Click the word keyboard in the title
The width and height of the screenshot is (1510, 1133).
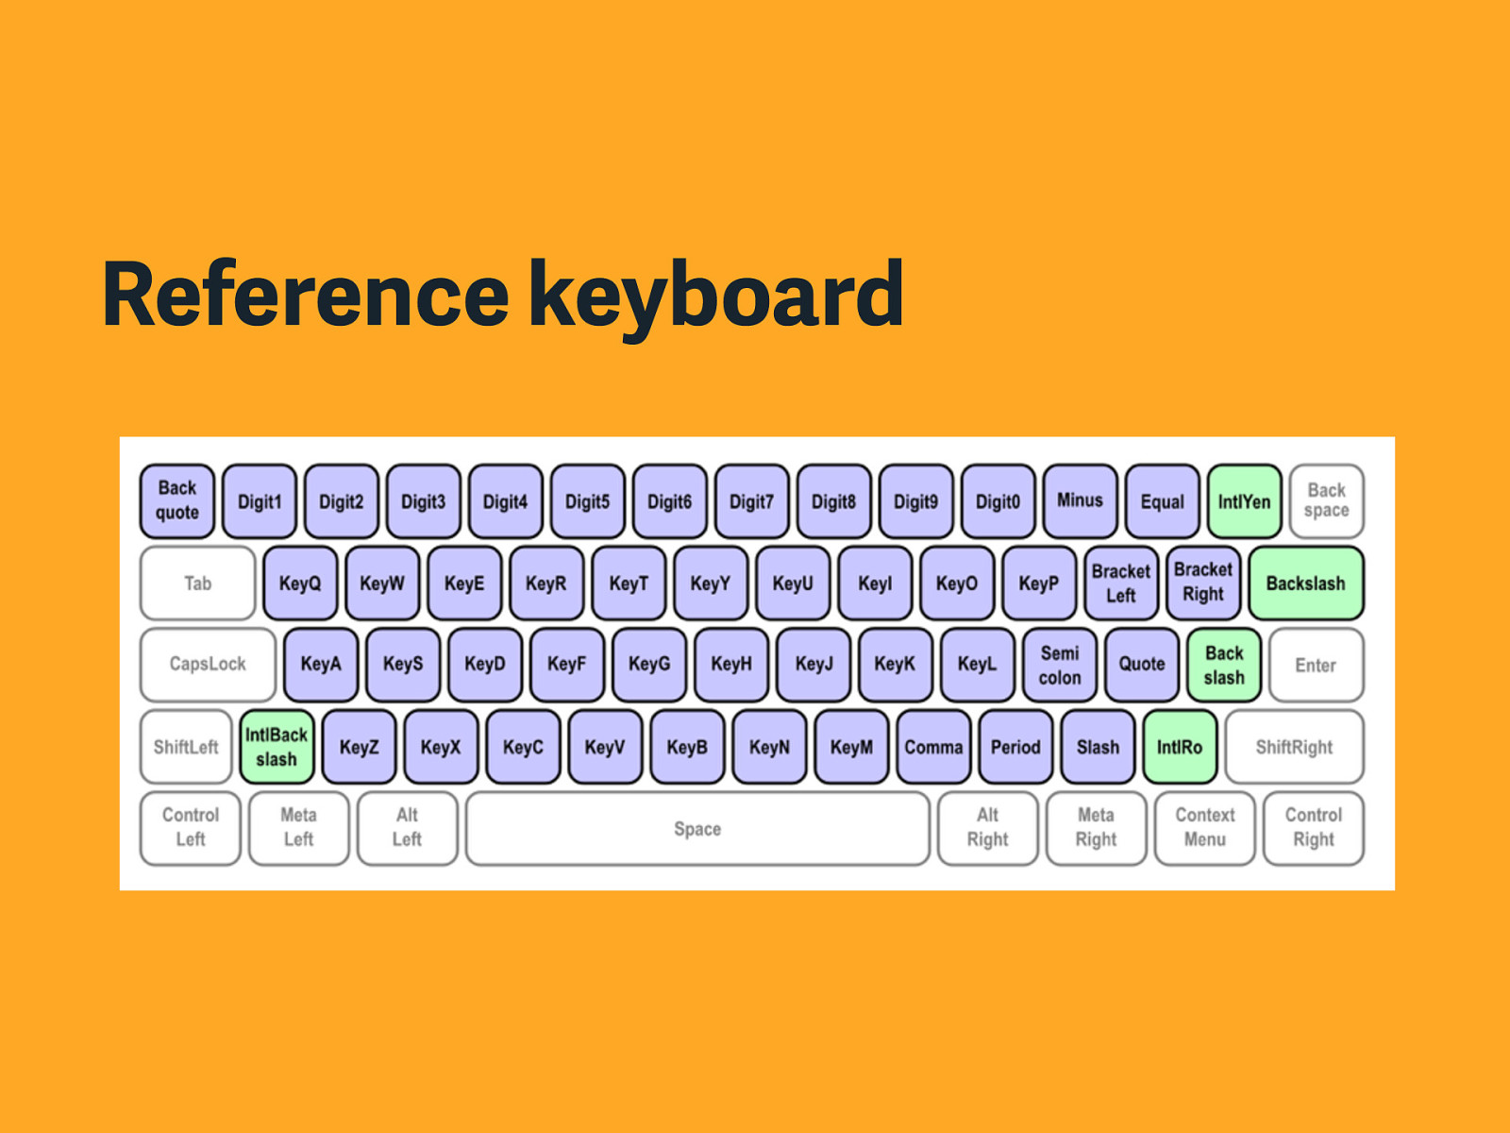716,298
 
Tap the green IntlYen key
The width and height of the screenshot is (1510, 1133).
1244,501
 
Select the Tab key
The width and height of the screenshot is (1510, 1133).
197,583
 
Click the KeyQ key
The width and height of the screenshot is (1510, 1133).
300,583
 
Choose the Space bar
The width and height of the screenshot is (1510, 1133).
697,829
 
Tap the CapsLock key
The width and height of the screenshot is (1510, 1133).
208,665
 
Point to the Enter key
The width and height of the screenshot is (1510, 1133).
1316,665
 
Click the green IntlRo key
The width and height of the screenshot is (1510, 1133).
1180,747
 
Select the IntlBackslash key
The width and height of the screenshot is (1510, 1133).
277,747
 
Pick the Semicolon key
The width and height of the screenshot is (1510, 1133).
1060,665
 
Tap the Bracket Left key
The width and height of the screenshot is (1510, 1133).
1120,583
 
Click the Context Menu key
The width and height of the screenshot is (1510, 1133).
1204,829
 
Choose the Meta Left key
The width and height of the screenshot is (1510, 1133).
298,829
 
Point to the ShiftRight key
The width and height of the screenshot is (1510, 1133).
1294,747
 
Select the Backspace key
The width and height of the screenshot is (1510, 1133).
1326,501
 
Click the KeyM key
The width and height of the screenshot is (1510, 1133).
851,747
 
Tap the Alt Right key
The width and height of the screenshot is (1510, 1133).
987,829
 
